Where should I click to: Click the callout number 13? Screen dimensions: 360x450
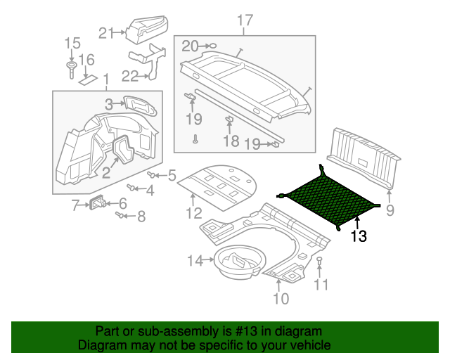click(x=359, y=237)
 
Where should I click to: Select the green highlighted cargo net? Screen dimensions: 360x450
click(x=329, y=198)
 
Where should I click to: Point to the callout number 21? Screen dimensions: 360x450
click(x=106, y=32)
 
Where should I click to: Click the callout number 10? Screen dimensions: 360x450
click(x=280, y=300)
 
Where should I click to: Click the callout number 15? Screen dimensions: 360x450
click(x=72, y=44)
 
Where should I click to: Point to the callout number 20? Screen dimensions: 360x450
click(x=191, y=46)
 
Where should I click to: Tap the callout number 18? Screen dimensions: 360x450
click(x=231, y=141)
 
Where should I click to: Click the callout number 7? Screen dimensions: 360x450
click(x=76, y=205)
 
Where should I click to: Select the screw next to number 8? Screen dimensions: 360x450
click(x=120, y=215)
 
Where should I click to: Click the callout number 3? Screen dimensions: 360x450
click(x=109, y=104)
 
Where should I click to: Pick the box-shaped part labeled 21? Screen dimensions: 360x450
click(x=146, y=27)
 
